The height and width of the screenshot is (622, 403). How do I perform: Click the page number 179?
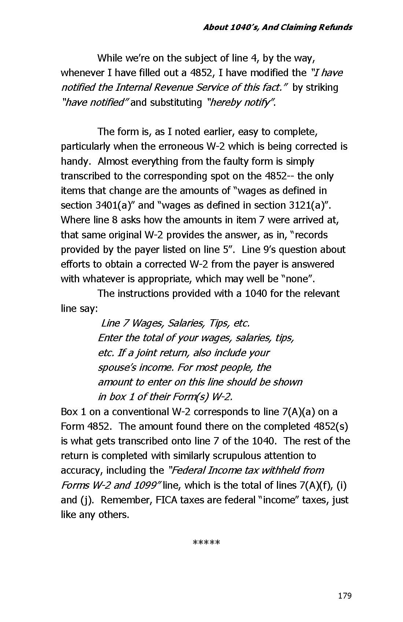(344, 596)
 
